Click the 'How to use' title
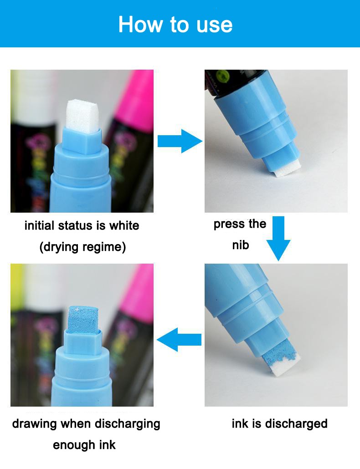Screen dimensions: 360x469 tap(175, 24)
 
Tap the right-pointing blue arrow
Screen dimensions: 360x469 tap(180, 141)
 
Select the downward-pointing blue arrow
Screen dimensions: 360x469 tap(278, 239)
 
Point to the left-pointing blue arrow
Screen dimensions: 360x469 tap(179, 340)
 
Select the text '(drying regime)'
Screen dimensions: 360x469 tap(82, 247)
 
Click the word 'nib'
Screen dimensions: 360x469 tap(241, 245)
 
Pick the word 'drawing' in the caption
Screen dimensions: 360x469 tap(35, 424)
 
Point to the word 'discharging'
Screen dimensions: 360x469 tap(128, 424)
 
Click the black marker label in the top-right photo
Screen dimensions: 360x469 tap(237, 82)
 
